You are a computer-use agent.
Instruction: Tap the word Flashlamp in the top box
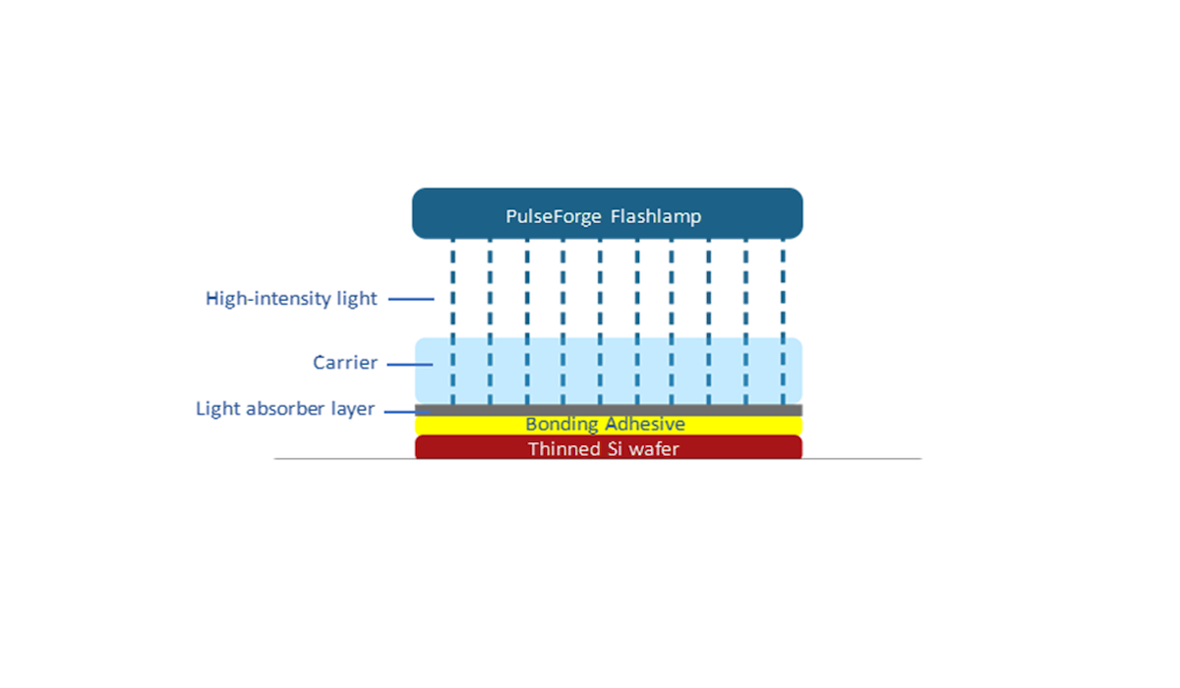click(655, 216)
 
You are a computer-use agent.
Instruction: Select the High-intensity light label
click(291, 299)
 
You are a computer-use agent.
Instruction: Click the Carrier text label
click(345, 363)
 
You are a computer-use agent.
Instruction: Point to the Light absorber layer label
click(285, 409)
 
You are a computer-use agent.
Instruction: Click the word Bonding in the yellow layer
click(562, 425)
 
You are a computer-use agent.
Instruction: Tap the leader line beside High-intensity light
click(410, 299)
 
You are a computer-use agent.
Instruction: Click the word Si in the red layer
click(612, 449)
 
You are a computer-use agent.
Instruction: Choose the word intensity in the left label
click(296, 299)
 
